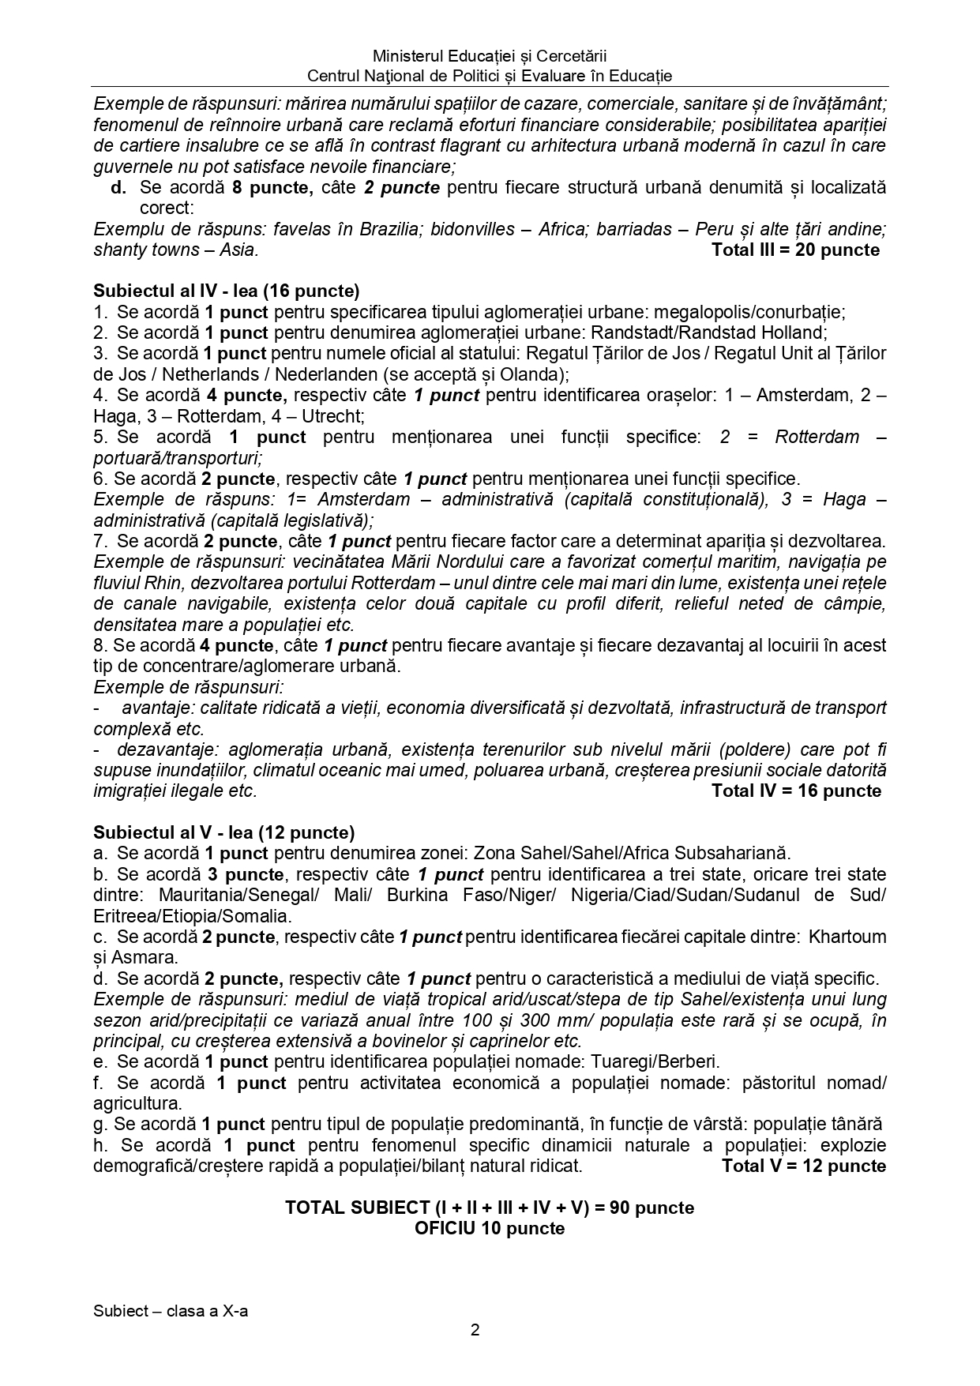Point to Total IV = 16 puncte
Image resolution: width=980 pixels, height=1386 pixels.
(x=796, y=791)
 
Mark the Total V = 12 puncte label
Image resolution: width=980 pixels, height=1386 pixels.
(x=803, y=1166)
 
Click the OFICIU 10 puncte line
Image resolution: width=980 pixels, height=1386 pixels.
(x=490, y=1229)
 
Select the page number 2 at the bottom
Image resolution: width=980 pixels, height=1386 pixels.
(x=475, y=1330)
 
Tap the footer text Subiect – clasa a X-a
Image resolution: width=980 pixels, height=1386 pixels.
(x=171, y=1311)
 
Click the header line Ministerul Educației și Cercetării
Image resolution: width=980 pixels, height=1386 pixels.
(x=490, y=56)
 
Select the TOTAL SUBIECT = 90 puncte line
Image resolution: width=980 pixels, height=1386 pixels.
(x=490, y=1208)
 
